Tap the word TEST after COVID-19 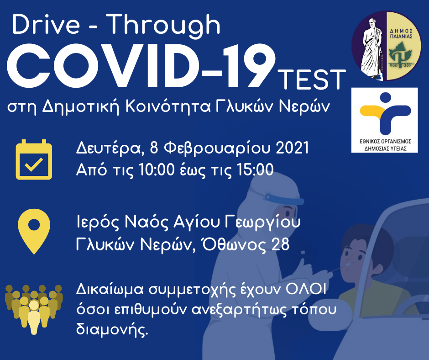[x=312, y=79]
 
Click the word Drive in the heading [x=46, y=25]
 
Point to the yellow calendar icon [x=34, y=159]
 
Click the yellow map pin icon [x=34, y=232]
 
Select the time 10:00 [x=157, y=169]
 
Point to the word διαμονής [x=112, y=329]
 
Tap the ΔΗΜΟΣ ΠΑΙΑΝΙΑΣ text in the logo [x=401, y=34]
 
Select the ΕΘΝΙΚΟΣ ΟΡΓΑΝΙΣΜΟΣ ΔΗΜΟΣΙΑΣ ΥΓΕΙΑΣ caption [x=385, y=145]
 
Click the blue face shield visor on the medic [x=284, y=199]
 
